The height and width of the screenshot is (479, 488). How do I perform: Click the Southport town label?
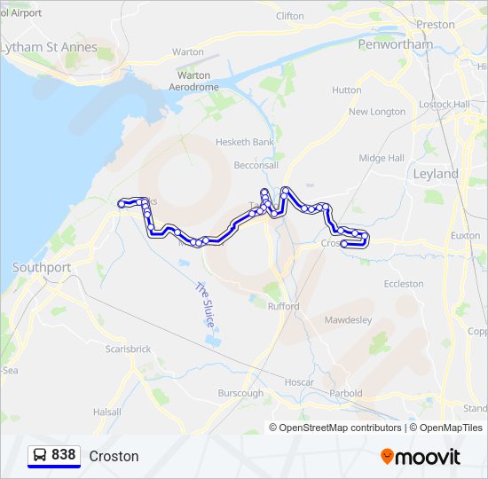click(x=42, y=267)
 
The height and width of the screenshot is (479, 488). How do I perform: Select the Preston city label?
click(x=435, y=25)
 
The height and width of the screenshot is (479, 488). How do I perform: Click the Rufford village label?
click(x=285, y=306)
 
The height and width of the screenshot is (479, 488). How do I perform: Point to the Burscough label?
click(x=240, y=393)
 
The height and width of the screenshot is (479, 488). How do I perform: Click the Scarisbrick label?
click(x=130, y=349)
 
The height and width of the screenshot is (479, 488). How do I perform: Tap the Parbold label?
click(x=345, y=393)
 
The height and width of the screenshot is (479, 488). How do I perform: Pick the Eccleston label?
click(x=404, y=284)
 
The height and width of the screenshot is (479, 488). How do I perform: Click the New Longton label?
click(x=377, y=112)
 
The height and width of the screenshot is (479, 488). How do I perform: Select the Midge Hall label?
click(x=382, y=158)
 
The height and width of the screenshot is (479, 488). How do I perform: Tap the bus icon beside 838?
click(x=41, y=455)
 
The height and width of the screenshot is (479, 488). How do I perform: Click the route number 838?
click(x=64, y=455)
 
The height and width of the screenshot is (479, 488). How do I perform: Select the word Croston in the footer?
click(x=114, y=456)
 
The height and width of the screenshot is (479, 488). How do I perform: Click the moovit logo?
click(x=421, y=457)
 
